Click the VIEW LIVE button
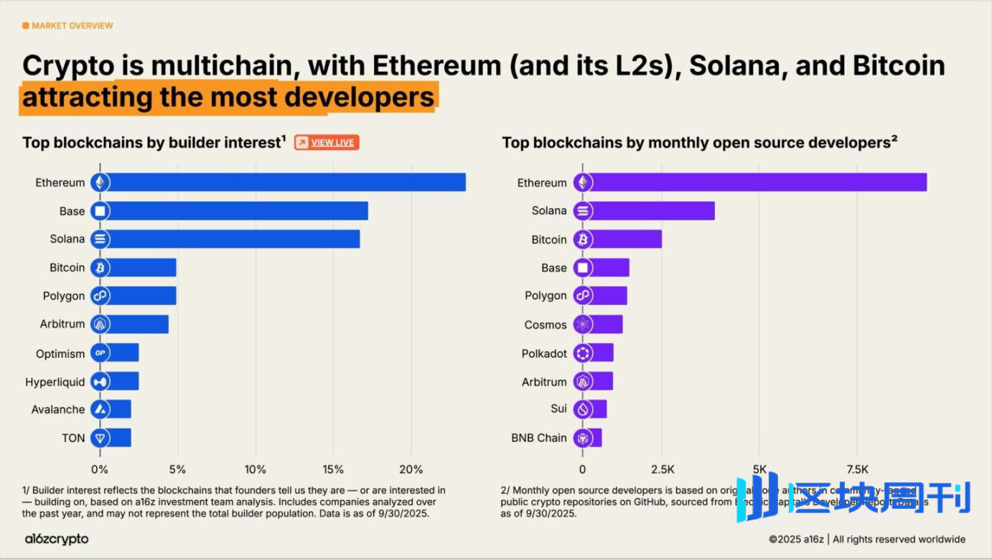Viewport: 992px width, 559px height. (x=327, y=143)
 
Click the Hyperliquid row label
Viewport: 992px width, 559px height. (x=55, y=382)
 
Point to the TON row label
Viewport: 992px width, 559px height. (x=73, y=438)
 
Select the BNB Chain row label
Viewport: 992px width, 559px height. (x=539, y=438)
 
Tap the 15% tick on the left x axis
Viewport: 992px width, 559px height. (x=333, y=469)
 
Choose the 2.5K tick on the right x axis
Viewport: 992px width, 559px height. (x=662, y=469)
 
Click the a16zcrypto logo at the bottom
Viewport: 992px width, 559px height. (x=57, y=539)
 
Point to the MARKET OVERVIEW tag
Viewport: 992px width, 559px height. (x=68, y=26)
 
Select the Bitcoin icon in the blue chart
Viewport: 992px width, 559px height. (x=100, y=268)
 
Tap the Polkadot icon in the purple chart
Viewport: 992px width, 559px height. (x=582, y=353)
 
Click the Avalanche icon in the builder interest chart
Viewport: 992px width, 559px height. (x=100, y=410)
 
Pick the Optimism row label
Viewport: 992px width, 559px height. (x=60, y=354)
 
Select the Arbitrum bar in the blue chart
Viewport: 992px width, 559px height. (x=136, y=324)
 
